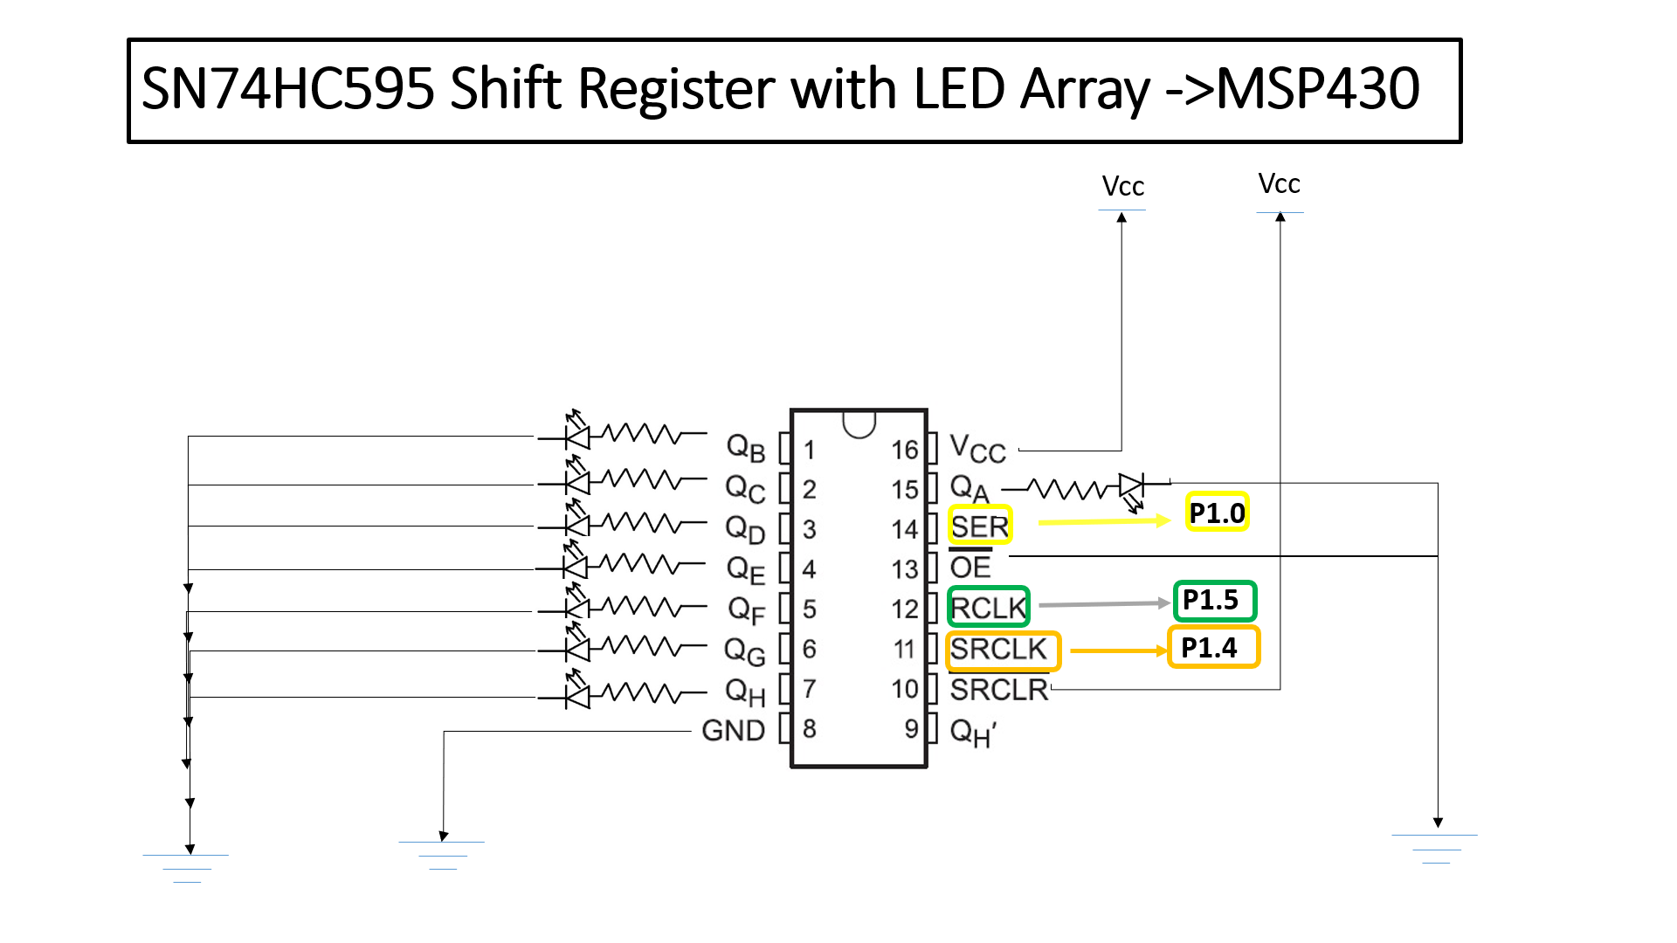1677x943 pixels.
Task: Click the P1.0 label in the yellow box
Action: coord(1218,513)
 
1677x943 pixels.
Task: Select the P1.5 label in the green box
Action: coord(1213,601)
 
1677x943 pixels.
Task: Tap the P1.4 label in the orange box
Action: coord(1212,648)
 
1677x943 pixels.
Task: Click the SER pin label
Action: coord(979,527)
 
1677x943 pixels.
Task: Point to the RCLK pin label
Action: coord(988,607)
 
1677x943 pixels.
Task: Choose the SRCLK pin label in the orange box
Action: coord(999,650)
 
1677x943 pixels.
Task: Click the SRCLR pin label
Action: coord(999,690)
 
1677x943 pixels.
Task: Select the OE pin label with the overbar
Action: coord(970,568)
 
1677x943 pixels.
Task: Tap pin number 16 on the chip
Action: coord(904,450)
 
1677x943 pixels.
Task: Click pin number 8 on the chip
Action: coord(810,729)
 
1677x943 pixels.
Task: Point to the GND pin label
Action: coord(733,730)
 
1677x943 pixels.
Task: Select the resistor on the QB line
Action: coord(642,433)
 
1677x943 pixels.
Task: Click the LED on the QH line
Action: coord(576,695)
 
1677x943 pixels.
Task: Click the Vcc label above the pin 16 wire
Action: coord(1122,187)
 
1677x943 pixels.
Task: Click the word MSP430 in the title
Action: coord(1318,89)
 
